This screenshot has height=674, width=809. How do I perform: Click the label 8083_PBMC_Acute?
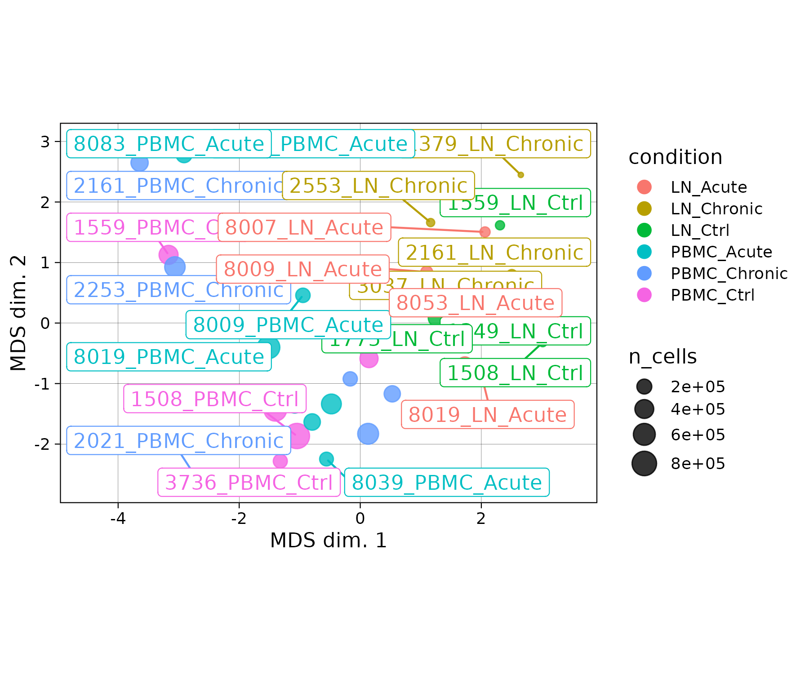[x=169, y=144]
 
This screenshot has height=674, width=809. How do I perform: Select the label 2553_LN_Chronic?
[x=378, y=186]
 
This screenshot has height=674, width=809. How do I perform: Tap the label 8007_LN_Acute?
[x=304, y=227]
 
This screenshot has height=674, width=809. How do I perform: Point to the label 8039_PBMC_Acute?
[x=446, y=483]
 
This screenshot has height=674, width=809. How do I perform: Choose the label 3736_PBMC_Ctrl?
[x=249, y=483]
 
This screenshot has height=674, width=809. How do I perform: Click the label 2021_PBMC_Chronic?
[x=178, y=441]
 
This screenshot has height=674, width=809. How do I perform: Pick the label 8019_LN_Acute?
[x=487, y=415]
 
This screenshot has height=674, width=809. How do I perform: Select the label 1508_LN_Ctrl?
[x=515, y=373]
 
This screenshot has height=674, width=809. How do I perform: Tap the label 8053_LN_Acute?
[x=475, y=303]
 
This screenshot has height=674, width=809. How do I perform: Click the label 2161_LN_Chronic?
[x=494, y=253]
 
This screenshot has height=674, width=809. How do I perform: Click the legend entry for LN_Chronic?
[x=716, y=208]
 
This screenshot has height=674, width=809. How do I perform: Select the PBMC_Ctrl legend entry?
[x=712, y=295]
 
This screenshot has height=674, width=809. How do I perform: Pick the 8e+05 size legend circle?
[x=644, y=463]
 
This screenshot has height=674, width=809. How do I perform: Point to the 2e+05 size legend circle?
[x=644, y=386]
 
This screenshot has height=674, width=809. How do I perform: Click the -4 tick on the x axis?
[x=118, y=518]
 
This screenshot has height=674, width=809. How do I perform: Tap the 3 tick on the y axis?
[x=45, y=142]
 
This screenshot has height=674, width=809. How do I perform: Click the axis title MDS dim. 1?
[x=328, y=540]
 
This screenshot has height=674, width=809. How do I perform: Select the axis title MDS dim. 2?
[x=19, y=313]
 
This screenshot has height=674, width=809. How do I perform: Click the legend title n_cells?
[x=662, y=357]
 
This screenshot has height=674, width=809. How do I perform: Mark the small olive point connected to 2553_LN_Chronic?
[x=430, y=222]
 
